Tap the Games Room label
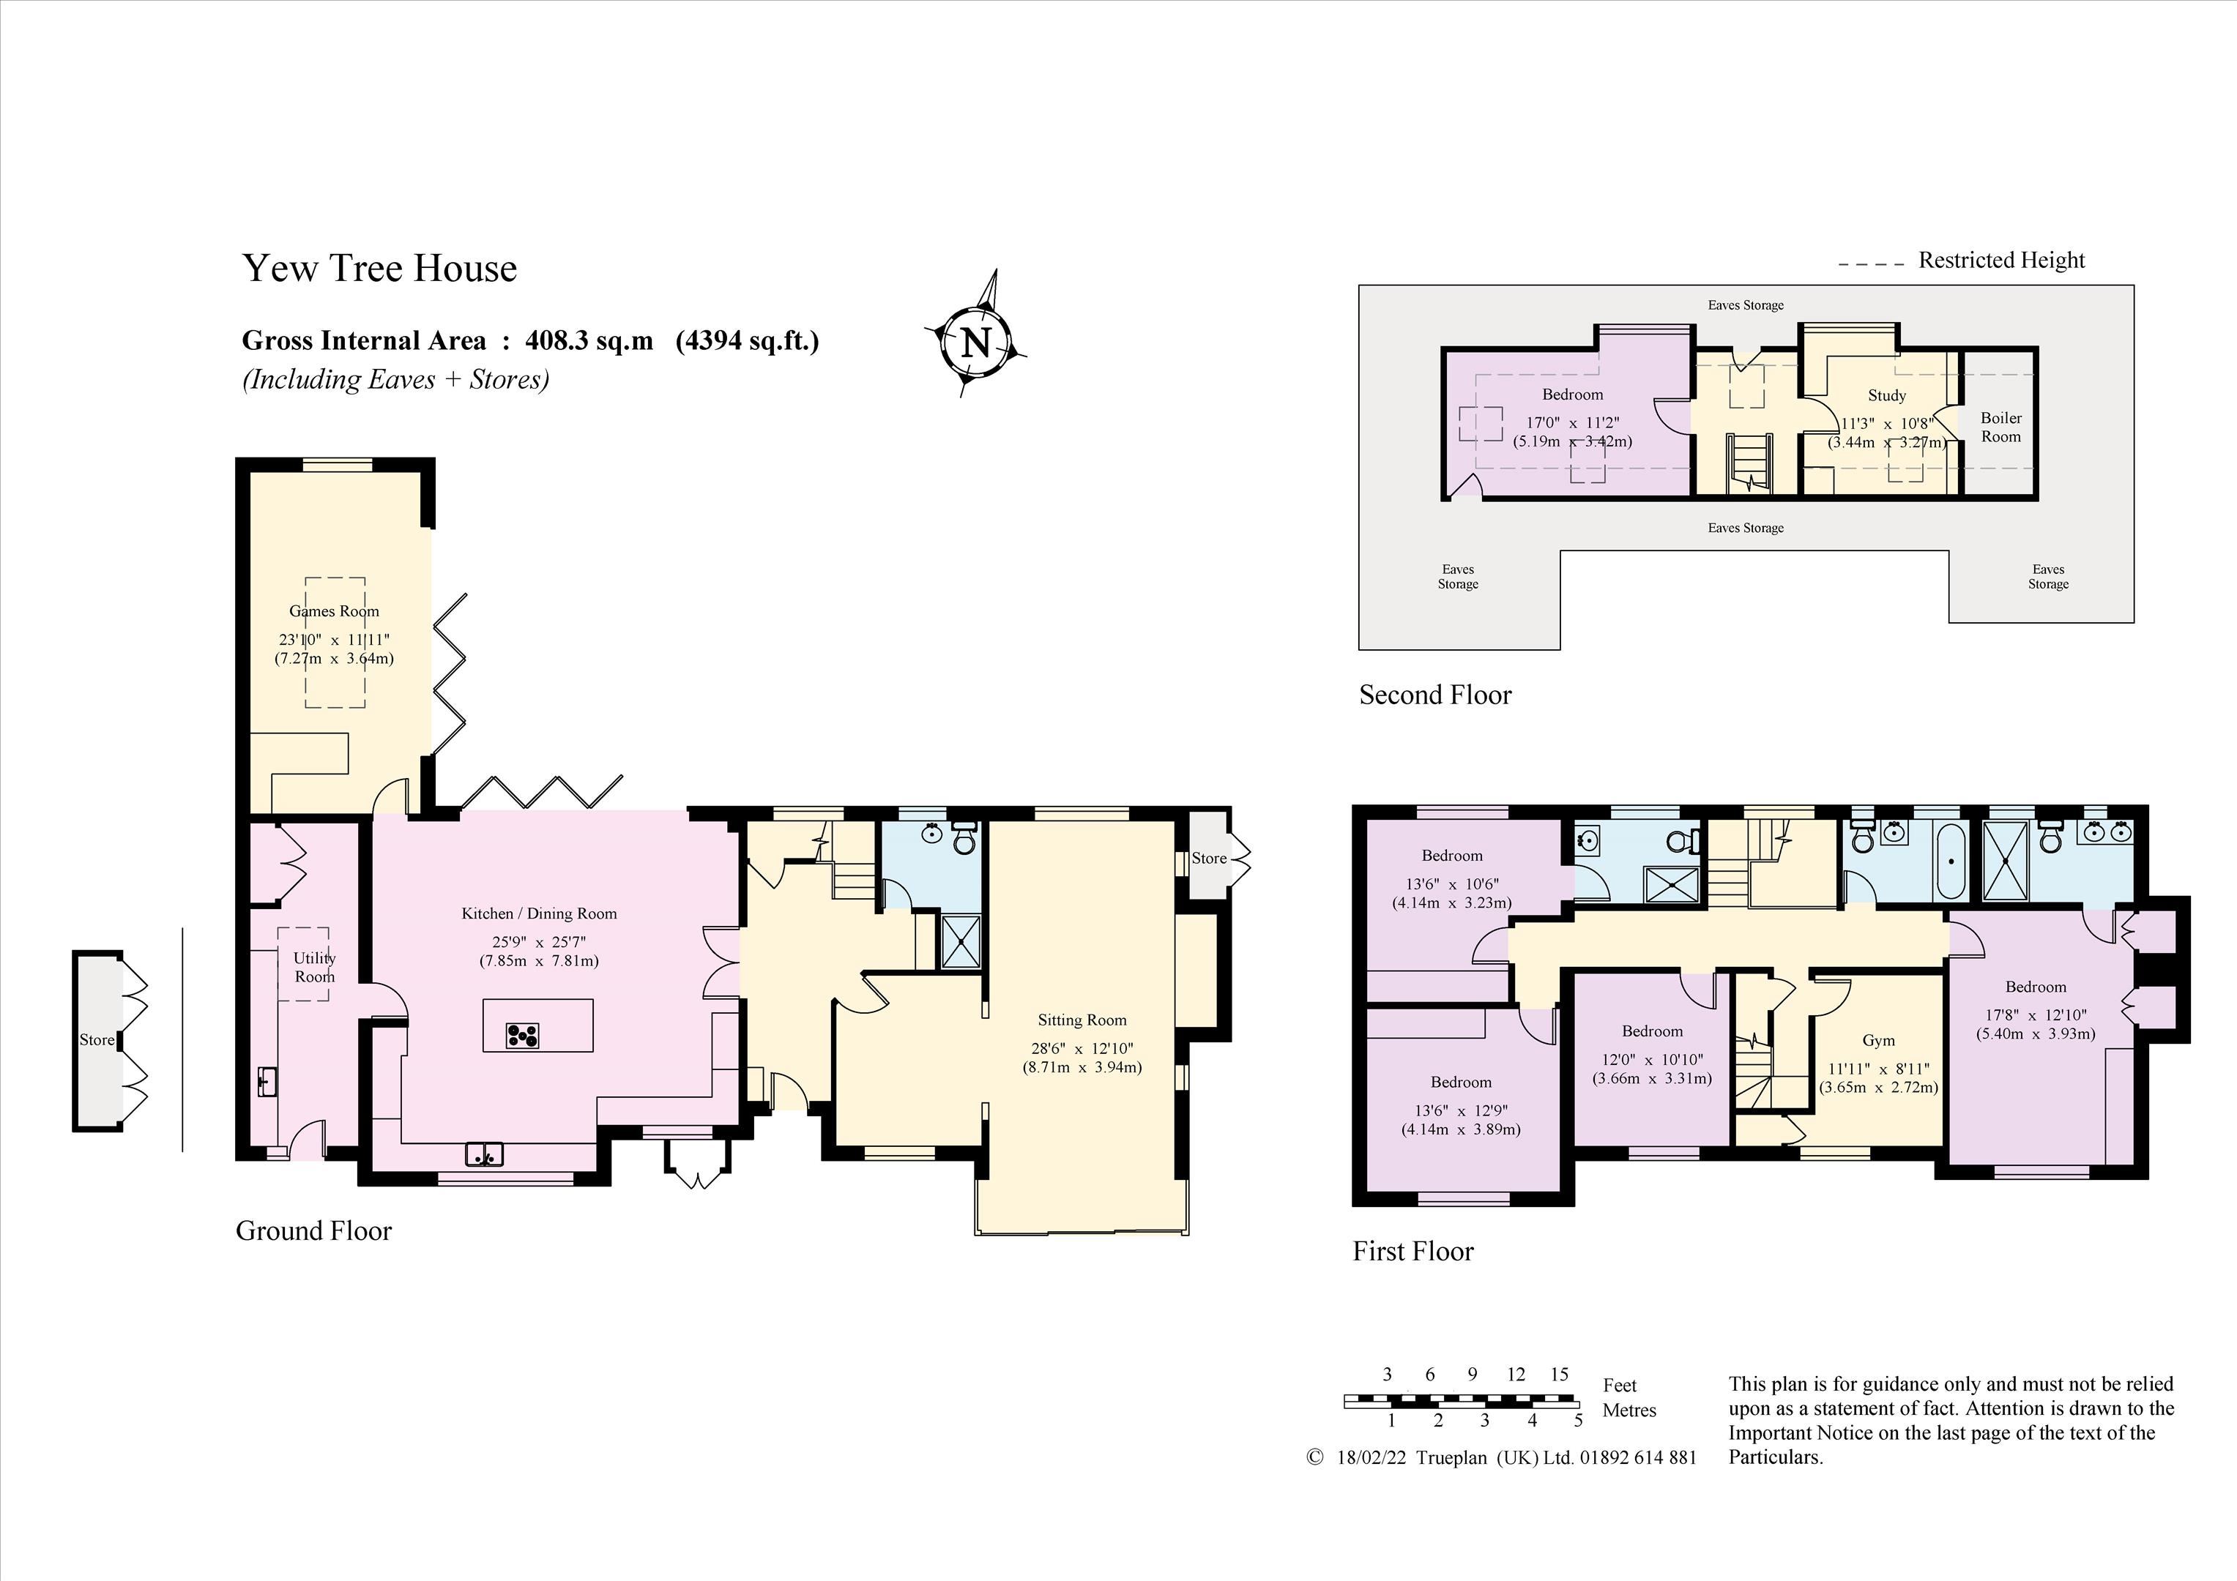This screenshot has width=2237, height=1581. pos(334,610)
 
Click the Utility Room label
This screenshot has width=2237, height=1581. pos(315,968)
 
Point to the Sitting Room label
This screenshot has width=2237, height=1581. pos(1082,1020)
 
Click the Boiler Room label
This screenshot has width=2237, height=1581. pos(2001,427)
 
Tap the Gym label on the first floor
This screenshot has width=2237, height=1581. pos(1878,1040)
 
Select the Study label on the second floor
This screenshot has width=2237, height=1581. pos(1886,395)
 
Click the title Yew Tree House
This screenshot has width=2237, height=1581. pos(379,268)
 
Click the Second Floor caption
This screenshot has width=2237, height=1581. pos(1435,695)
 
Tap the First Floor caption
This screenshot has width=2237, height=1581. pos(1412,1251)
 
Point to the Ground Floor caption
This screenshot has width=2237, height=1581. pos(313,1230)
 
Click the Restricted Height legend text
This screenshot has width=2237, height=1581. pos(2001,260)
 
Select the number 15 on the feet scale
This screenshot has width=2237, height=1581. pos(1559,1375)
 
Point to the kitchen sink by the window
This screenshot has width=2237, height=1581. pos(484,1154)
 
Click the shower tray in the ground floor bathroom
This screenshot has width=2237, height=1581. pos(961,942)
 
